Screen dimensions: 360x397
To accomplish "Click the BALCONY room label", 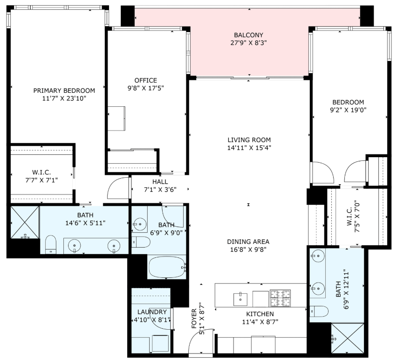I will [248, 35].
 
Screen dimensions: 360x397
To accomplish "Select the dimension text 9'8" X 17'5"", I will [145, 88].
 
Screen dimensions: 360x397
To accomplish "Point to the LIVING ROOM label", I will [249, 140].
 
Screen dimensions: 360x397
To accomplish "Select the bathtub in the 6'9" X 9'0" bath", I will [167, 267].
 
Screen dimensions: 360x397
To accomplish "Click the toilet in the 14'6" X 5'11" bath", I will [51, 244].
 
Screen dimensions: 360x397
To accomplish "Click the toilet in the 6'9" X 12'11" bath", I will [320, 312].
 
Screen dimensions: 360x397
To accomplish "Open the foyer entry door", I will [197, 345].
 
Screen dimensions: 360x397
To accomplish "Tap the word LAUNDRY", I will [152, 312].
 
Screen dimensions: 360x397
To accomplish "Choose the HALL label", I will [160, 182].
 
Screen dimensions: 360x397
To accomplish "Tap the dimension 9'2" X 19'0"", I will [348, 111].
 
